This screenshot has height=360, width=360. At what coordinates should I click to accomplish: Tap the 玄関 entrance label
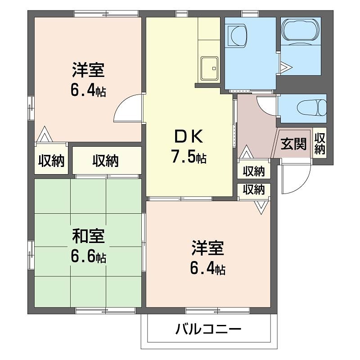[x=293, y=144]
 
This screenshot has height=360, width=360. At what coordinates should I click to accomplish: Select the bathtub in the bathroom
[x=301, y=31]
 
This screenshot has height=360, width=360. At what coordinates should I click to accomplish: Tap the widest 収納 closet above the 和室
[x=106, y=161]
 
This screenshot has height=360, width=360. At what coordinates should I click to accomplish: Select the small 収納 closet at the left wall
[x=50, y=160]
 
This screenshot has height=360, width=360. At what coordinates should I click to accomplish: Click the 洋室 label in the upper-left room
[x=88, y=71]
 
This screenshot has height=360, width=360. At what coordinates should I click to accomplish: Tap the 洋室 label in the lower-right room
[x=208, y=248]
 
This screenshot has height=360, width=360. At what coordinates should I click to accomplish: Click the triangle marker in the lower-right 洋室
[x=261, y=206]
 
